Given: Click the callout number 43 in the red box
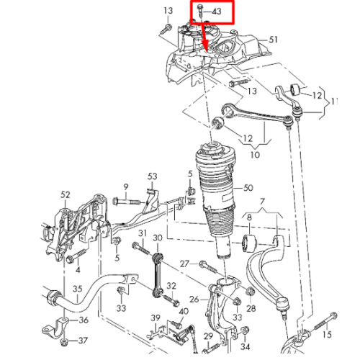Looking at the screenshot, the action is [x=217, y=12].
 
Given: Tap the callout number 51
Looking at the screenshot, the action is [x=273, y=40].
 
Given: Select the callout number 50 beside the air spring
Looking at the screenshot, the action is [x=248, y=188].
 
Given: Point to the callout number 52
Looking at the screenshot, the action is [x=65, y=195].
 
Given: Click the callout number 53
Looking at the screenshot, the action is [x=153, y=176].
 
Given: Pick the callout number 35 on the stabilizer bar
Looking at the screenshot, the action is [x=78, y=289].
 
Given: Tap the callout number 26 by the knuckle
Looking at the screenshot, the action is [x=194, y=299].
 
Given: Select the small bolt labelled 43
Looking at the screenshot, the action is [x=200, y=11].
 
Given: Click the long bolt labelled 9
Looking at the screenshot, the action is [x=127, y=202].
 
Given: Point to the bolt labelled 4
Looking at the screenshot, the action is [x=76, y=256].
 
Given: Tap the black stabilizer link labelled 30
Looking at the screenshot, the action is [x=157, y=274].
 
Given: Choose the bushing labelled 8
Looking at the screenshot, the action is [x=249, y=243].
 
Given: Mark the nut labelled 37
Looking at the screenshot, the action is [x=64, y=342].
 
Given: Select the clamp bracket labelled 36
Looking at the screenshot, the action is [x=55, y=327].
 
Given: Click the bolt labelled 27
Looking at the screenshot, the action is [x=209, y=267].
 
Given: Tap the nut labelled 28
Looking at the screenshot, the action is [x=251, y=291].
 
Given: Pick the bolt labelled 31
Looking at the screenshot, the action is [x=141, y=248].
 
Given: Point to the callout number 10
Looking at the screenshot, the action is [x=255, y=155].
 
